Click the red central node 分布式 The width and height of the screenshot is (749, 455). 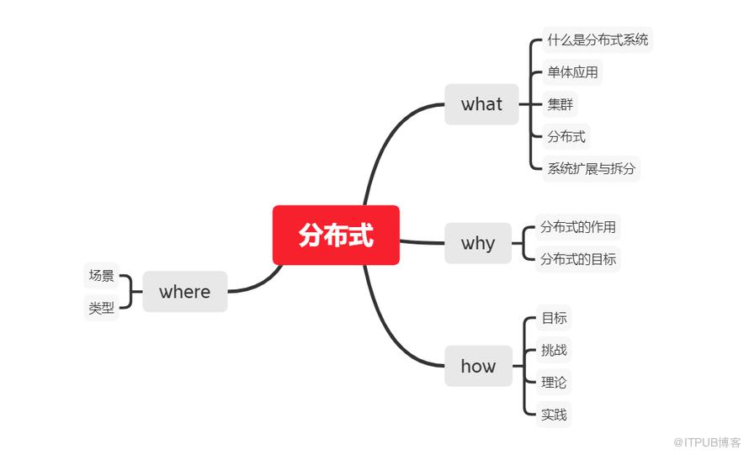(336, 235)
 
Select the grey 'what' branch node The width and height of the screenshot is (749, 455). (481, 104)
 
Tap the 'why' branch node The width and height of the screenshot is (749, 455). (478, 243)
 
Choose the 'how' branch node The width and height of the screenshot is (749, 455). (478, 366)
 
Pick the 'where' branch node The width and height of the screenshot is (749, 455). (184, 292)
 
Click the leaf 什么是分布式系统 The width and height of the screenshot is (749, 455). (598, 40)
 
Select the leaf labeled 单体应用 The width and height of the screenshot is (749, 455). (572, 72)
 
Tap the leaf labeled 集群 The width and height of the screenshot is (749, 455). (560, 104)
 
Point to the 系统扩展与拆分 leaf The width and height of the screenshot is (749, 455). (592, 168)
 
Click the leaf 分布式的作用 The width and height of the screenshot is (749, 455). (578, 227)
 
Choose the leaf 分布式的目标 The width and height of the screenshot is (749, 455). (578, 259)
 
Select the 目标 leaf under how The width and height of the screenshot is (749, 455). (554, 318)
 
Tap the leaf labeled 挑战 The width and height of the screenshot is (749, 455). (554, 350)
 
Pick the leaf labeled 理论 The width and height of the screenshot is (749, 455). (554, 383)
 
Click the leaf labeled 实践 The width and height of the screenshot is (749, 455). (554, 415)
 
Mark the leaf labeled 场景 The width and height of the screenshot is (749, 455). (101, 276)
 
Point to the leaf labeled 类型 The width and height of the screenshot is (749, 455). (101, 309)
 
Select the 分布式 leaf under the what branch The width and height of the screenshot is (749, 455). (566, 136)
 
